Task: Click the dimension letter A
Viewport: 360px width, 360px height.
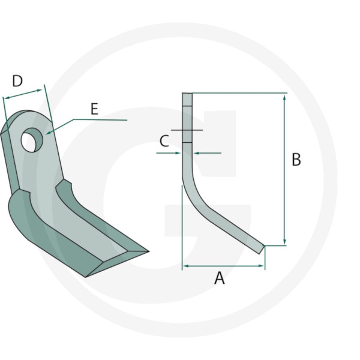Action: [x=219, y=278]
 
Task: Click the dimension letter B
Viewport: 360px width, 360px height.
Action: [x=296, y=160]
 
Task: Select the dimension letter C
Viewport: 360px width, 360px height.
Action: [x=164, y=141]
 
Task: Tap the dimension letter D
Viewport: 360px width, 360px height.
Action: [x=17, y=81]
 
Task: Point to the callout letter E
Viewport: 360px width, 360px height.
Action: [x=94, y=109]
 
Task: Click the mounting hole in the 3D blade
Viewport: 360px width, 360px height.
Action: [x=32, y=140]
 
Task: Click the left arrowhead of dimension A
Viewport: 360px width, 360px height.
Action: [x=187, y=266]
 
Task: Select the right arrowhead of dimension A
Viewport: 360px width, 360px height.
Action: [x=261, y=266]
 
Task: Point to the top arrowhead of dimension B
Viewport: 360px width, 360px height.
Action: [x=284, y=97]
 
